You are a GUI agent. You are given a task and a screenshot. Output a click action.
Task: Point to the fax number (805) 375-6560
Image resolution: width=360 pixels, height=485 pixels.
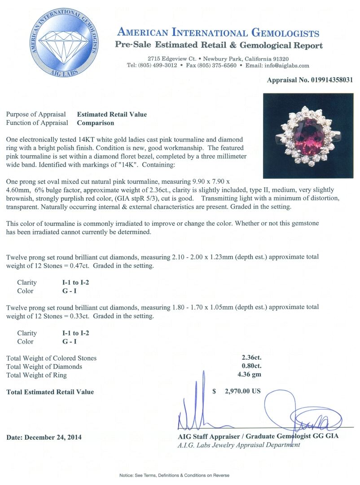tap(217, 66)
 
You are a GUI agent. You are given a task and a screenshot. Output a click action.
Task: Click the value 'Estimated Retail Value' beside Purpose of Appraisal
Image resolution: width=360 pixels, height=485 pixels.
tap(112, 115)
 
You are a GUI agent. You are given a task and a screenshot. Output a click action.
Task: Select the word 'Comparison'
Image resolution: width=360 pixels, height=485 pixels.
tap(96, 123)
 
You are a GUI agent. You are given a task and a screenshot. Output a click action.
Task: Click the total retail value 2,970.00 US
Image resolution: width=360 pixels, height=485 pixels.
tap(242, 391)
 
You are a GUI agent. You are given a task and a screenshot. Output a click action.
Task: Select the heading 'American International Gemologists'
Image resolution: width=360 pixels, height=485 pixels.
tap(218, 33)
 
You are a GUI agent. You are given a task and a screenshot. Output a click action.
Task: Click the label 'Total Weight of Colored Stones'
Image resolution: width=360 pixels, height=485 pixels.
tap(51, 358)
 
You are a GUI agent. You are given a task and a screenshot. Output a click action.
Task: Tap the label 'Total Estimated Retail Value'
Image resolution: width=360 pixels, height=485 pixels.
tap(50, 392)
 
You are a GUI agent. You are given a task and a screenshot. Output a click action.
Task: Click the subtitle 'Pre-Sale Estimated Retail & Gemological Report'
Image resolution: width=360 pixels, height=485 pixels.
tap(219, 45)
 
